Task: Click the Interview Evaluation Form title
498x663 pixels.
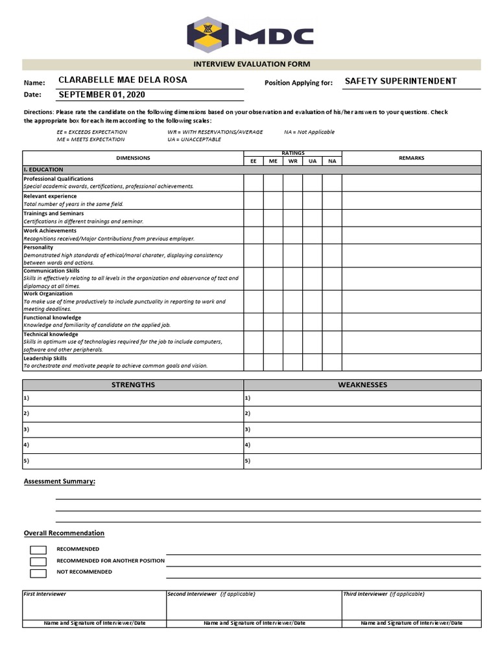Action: coord(252,64)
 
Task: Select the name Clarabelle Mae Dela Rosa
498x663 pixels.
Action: coord(123,80)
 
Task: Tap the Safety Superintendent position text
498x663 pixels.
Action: coord(400,81)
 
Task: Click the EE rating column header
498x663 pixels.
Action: coord(254,161)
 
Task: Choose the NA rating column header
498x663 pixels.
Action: coord(332,161)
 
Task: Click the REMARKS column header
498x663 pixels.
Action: coord(411,158)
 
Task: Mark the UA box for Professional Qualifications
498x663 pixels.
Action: coord(313,183)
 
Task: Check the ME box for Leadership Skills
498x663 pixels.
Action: coord(273,362)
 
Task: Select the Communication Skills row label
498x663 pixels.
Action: coord(51,271)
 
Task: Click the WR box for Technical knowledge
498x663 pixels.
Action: coord(292,341)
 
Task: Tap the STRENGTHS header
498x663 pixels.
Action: coord(133,385)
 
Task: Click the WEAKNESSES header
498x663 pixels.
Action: coord(362,385)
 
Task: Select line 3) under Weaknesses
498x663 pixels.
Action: coord(362,429)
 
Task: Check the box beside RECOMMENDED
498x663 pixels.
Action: coord(38,550)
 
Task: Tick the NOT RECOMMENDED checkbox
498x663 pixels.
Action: coord(38,573)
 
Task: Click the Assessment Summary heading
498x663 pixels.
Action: coord(60,482)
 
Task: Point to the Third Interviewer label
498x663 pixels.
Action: coord(365,594)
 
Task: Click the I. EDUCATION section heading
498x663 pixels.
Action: coord(43,169)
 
